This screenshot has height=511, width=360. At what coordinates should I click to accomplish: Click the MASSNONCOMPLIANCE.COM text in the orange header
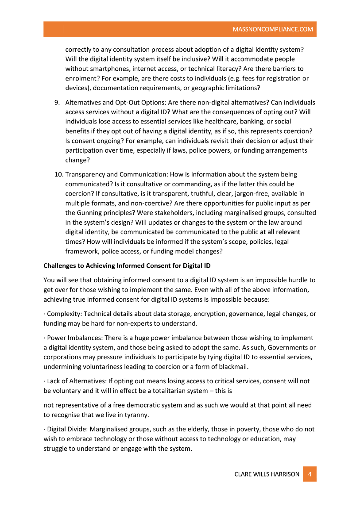273,30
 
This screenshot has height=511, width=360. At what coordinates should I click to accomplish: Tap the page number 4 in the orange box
310,474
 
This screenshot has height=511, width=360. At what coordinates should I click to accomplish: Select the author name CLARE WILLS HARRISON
267,474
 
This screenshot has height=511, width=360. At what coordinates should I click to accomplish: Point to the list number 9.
57,102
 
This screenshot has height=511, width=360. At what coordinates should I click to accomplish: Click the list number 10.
58,174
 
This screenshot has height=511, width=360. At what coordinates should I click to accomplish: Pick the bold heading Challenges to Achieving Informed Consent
127,266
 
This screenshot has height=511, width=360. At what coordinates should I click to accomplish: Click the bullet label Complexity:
64,314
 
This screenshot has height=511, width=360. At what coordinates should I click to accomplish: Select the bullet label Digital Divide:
67,429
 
